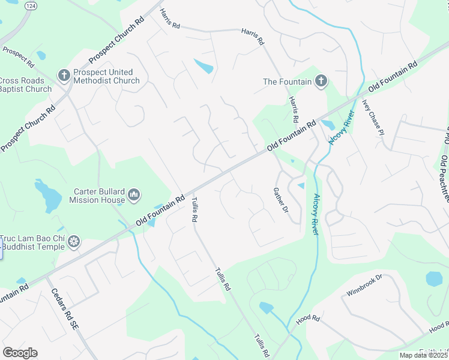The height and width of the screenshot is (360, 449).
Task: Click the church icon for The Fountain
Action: (x=321, y=81)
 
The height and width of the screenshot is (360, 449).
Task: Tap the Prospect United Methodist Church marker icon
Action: (x=64, y=76)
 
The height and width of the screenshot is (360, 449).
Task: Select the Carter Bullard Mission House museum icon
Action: (x=134, y=195)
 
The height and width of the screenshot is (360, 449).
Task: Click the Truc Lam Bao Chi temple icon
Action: (x=74, y=241)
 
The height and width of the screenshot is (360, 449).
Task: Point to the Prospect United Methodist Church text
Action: (x=106, y=76)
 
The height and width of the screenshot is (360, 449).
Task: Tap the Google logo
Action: (x=20, y=353)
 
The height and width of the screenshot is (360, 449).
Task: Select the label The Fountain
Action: (x=288, y=82)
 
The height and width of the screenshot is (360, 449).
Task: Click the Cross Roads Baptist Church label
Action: (x=25, y=85)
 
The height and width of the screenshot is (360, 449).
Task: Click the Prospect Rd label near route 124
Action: (x=18, y=55)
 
